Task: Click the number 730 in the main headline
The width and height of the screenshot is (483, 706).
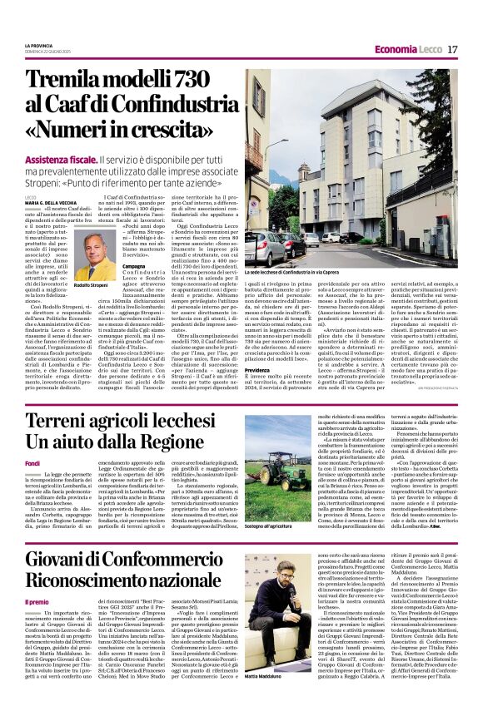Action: (x=180, y=81)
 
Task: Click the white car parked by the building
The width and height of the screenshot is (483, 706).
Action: (x=267, y=249)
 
